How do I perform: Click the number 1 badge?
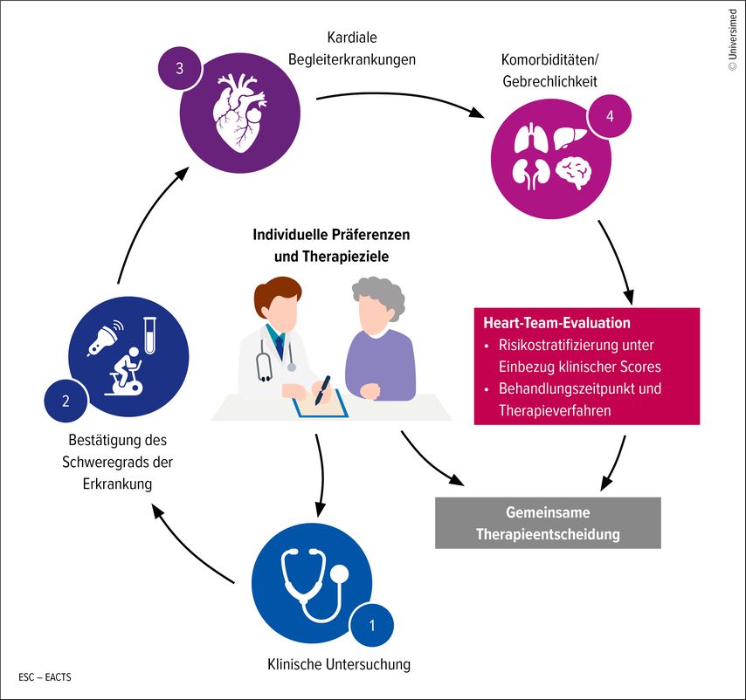[373, 624]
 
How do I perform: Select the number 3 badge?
[179, 70]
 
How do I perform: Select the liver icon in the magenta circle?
[576, 136]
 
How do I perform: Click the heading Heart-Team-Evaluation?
[556, 323]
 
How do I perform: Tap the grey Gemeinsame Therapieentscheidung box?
[547, 523]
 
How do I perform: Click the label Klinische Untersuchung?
[338, 665]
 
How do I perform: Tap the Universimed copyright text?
[732, 39]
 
